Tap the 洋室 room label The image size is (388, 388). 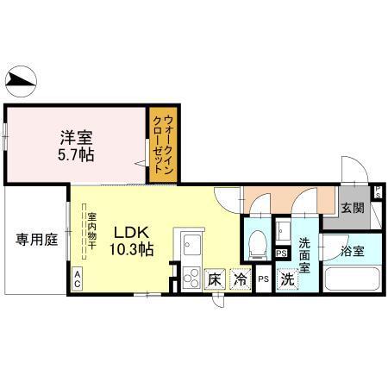76,137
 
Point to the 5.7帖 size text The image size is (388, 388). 76,155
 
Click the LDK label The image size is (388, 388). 132,232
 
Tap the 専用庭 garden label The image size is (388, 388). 34,240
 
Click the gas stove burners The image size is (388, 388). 191,277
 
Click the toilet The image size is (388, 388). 255,242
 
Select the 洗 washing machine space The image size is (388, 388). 286,278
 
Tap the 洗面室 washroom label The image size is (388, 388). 306,250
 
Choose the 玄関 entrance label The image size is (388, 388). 352,209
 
